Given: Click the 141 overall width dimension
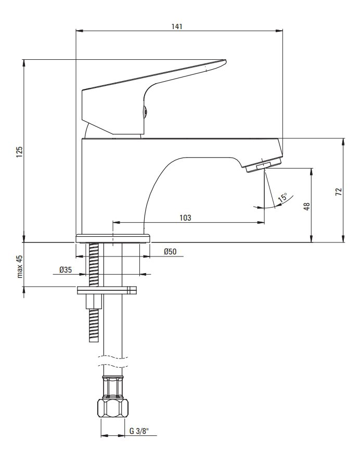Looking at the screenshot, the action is [x=177, y=27].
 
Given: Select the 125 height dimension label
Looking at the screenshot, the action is [x=19, y=152].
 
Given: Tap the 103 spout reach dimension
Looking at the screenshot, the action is [x=185, y=218].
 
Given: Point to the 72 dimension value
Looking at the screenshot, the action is [x=339, y=192].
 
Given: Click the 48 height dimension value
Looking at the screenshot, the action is [x=307, y=207].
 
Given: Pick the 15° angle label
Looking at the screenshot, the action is [x=283, y=198].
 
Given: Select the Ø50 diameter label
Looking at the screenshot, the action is [x=170, y=252].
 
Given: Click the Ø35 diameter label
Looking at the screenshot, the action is [x=66, y=270].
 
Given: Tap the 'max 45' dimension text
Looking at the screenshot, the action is [x=20, y=266].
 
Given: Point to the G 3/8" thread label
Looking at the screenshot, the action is [x=139, y=431].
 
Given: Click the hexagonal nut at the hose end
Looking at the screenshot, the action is [x=113, y=407].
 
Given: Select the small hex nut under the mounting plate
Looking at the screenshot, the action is [x=94, y=302].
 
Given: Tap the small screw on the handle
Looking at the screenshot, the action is [x=146, y=111].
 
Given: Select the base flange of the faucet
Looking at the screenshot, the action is [x=113, y=238].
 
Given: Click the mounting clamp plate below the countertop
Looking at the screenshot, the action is [x=107, y=290].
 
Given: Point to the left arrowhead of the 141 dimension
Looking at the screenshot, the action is [x=79, y=30].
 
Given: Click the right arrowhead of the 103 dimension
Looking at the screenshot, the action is [x=261, y=222].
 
